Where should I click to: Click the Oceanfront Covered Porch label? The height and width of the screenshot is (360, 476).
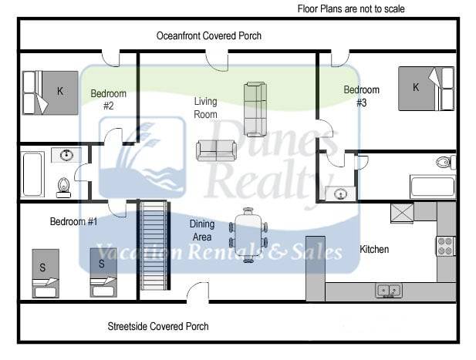click(x=208, y=35)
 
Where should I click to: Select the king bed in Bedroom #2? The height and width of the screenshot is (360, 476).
click(x=50, y=92)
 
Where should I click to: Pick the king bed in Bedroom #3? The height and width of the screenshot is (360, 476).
click(x=426, y=88)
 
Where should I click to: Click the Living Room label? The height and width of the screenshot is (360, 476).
click(x=205, y=107)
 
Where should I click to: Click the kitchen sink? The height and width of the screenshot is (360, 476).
click(x=388, y=291)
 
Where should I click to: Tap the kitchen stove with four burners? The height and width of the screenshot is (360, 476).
click(x=446, y=245)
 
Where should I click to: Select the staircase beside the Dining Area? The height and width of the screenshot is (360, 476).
click(x=154, y=244)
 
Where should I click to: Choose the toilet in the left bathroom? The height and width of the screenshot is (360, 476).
click(x=64, y=184)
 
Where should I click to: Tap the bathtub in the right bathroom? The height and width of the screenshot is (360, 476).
click(x=432, y=186)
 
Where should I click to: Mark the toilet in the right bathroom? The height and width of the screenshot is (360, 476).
click(x=444, y=163)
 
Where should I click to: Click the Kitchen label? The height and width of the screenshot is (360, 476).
click(x=374, y=250)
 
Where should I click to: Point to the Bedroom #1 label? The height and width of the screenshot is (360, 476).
click(x=73, y=222)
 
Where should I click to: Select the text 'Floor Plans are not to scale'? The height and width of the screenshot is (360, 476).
click(x=351, y=9)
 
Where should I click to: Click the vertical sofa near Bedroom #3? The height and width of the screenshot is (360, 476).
click(x=255, y=109)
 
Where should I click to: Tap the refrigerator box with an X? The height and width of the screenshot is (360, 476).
click(x=402, y=212)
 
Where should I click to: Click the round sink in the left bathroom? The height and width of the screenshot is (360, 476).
click(x=66, y=155)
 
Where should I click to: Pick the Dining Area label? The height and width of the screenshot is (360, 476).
click(x=202, y=230)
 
